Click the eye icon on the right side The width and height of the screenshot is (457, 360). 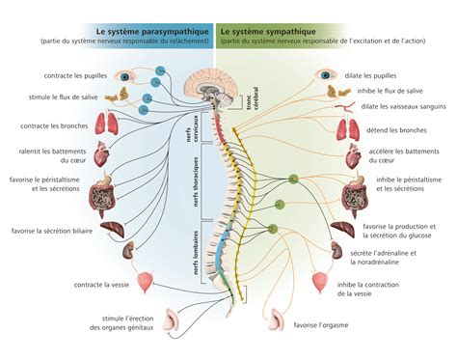tap(329, 75)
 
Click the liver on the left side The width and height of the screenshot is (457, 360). tap(114, 232)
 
